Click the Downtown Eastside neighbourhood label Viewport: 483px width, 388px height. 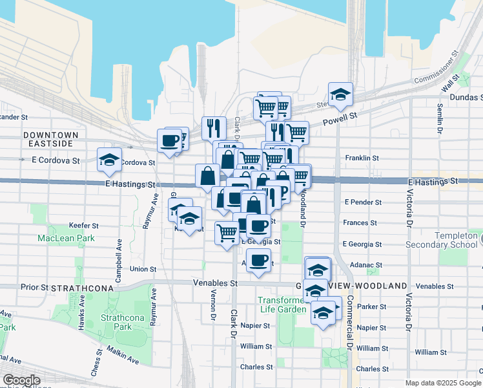pyautogui.click(x=50, y=139)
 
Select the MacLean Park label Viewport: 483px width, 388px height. pyautogui.click(x=66, y=238)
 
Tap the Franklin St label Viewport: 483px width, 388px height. pyautogui.click(x=361, y=158)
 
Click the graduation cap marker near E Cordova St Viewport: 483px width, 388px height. pyautogui.click(x=109, y=160)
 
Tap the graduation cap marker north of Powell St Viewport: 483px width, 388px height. pyautogui.click(x=340, y=94)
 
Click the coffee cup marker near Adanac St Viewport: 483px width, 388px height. pyautogui.click(x=258, y=261)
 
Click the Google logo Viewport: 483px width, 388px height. pyautogui.click(x=21, y=380)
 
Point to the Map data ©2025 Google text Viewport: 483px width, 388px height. pyautogui.click(x=442, y=383)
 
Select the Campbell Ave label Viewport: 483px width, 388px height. pyautogui.click(x=119, y=261)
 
